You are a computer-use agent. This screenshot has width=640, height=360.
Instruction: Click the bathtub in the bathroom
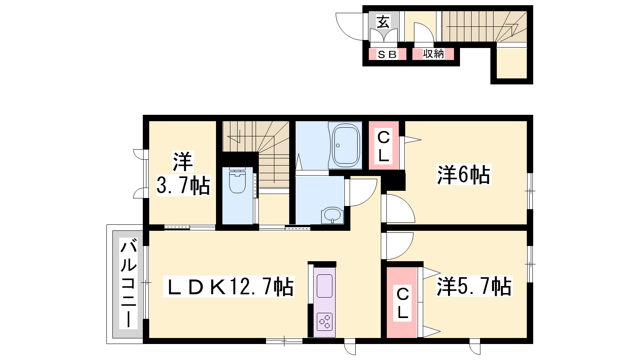click(x=346, y=146)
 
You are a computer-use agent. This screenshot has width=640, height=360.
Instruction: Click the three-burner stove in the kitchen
click(x=324, y=322)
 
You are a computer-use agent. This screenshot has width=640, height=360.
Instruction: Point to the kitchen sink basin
click(x=324, y=286)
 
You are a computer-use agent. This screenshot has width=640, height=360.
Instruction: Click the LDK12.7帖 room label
click(x=228, y=286)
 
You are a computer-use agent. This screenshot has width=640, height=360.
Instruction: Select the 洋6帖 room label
click(x=464, y=174)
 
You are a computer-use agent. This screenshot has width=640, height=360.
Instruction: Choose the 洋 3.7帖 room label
click(x=183, y=174)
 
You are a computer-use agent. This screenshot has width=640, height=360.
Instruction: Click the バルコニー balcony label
click(x=128, y=284)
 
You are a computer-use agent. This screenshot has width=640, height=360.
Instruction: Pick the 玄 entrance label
click(x=383, y=22)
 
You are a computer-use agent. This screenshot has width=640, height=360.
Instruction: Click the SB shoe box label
click(x=387, y=54)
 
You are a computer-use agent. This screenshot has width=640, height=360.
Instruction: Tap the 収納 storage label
click(x=433, y=54)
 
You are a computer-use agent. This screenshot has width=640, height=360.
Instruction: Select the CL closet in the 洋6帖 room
click(x=384, y=146)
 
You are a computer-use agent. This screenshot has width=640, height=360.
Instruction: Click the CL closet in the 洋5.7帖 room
click(x=402, y=302)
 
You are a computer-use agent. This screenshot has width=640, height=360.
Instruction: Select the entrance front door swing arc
click(x=343, y=33)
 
